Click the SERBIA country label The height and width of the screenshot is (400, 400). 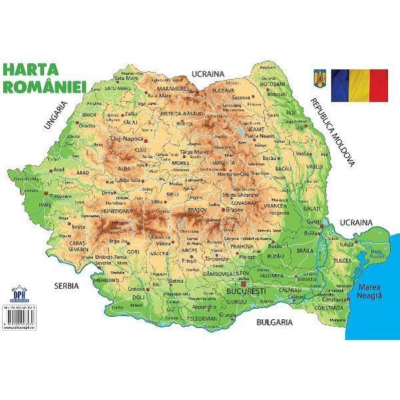(x=66, y=285)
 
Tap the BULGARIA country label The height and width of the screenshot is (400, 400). (x=274, y=322)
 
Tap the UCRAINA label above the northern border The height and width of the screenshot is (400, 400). (x=208, y=73)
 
